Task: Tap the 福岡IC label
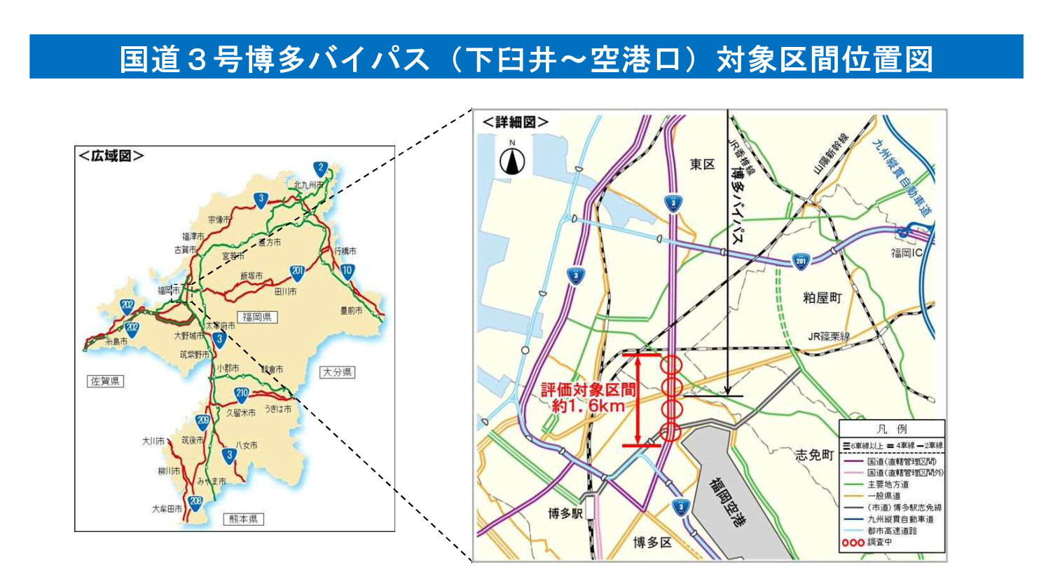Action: pyautogui.click(x=907, y=252)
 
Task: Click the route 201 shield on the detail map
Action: pyautogui.click(x=801, y=261)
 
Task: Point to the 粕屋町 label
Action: pyautogui.click(x=822, y=298)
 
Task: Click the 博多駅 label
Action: pyautogui.click(x=565, y=514)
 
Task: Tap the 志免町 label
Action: pyautogui.click(x=814, y=455)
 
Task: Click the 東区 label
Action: pyautogui.click(x=702, y=164)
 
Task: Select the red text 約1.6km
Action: pyautogui.click(x=588, y=406)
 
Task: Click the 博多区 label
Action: pyautogui.click(x=652, y=542)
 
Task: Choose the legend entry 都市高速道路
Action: pyautogui.click(x=892, y=531)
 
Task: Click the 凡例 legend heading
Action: pyautogui.click(x=891, y=429)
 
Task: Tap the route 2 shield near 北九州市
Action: pyautogui.click(x=320, y=168)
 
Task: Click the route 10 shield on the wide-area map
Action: pyautogui.click(x=347, y=271)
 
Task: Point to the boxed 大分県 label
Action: pyautogui.click(x=337, y=372)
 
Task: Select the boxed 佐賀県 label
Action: pyautogui.click(x=105, y=381)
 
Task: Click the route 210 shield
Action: pyautogui.click(x=242, y=394)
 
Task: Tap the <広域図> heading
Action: pyautogui.click(x=111, y=156)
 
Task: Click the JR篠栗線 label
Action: pyautogui.click(x=829, y=336)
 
